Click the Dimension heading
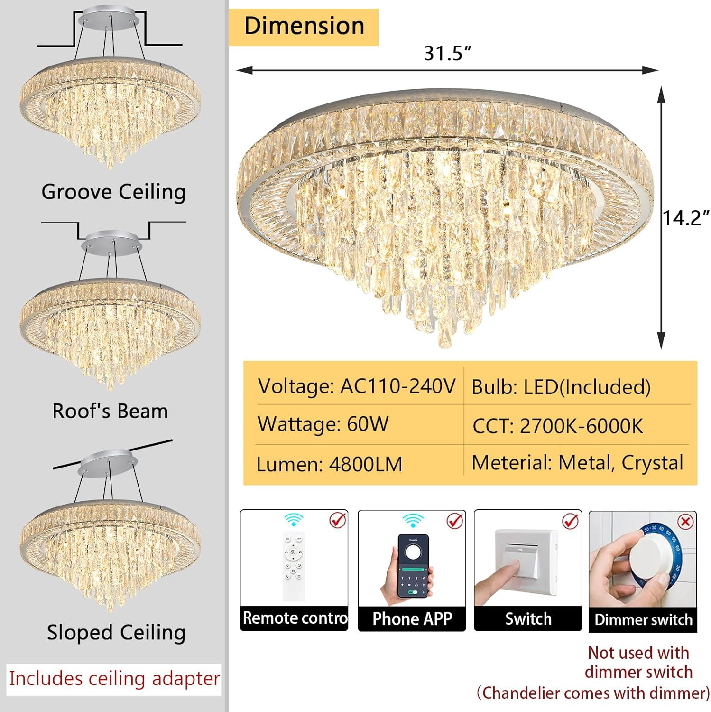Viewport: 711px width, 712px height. [304, 27]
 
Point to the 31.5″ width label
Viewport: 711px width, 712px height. [447, 53]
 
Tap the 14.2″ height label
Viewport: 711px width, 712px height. [686, 218]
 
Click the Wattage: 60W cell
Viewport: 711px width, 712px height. [323, 424]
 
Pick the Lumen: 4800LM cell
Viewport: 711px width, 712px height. [329, 464]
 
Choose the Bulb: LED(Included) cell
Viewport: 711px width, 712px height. [561, 387]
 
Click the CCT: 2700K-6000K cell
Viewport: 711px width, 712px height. [557, 426]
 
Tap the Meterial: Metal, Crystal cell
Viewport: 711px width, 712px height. [577, 463]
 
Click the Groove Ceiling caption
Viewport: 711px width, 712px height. [113, 192]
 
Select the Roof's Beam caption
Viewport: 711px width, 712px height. [110, 411]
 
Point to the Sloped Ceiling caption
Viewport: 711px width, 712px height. [116, 633]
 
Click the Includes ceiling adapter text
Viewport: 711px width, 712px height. [114, 679]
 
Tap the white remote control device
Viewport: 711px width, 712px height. [294, 565]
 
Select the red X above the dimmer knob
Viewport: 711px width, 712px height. [685, 522]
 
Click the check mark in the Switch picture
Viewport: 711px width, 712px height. [570, 521]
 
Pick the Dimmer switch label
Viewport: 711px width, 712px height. [643, 620]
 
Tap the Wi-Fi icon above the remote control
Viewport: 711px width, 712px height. [294, 519]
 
